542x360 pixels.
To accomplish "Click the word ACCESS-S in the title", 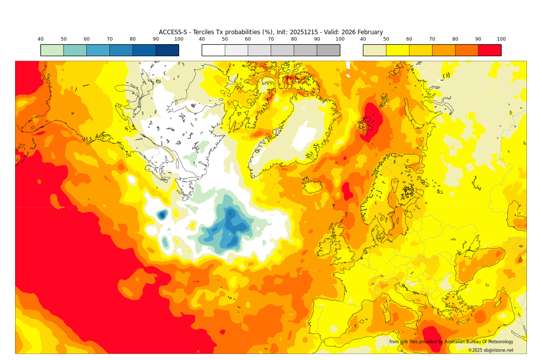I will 173,32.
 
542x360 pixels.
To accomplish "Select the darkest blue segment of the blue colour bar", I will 167,50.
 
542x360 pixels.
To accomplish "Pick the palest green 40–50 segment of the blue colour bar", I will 52,50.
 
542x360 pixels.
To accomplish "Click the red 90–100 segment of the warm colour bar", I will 489,50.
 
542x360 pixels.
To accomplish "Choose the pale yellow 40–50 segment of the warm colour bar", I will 374,50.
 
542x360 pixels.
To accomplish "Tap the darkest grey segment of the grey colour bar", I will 328,50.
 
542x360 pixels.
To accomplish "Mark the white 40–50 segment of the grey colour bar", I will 213,50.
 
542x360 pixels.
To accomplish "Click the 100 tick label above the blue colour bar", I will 179,39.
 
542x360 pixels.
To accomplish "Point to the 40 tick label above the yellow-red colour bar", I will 363,39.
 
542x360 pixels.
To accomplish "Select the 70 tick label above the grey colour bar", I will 271,39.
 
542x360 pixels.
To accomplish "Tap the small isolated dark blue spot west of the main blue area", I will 162,215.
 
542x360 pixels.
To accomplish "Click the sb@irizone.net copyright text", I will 490,350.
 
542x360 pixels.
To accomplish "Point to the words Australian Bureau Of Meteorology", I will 479,341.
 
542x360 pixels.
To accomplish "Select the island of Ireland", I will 326,246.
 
